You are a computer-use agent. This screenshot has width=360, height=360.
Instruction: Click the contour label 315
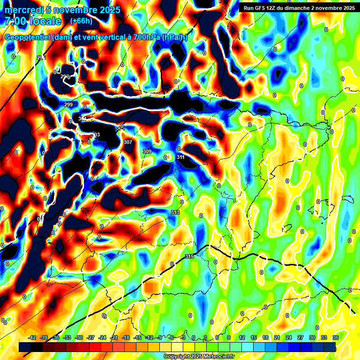pos(189,256)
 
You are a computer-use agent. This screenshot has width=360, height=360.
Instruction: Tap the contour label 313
pos(175,212)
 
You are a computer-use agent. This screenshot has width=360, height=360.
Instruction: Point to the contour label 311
pos(180,157)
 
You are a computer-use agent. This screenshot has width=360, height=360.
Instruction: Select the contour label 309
pos(147,151)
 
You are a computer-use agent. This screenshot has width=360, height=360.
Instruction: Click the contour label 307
pos(128,142)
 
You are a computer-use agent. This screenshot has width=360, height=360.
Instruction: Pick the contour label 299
pos(68,105)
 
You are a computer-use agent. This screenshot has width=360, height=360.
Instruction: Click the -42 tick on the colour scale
pos(32,337)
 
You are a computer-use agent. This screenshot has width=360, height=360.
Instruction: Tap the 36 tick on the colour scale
pos(336,337)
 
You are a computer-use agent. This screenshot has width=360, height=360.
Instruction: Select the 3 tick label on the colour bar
pos(205,337)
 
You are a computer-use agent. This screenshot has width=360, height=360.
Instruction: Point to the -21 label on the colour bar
pos(114,337)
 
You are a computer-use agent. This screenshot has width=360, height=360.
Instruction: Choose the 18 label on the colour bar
pos(265,337)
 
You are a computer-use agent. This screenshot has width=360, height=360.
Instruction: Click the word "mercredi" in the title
pos(24,10)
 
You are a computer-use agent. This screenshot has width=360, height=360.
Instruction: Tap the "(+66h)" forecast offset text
pos(81,21)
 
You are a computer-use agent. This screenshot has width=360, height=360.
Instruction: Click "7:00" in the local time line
pos(14,21)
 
